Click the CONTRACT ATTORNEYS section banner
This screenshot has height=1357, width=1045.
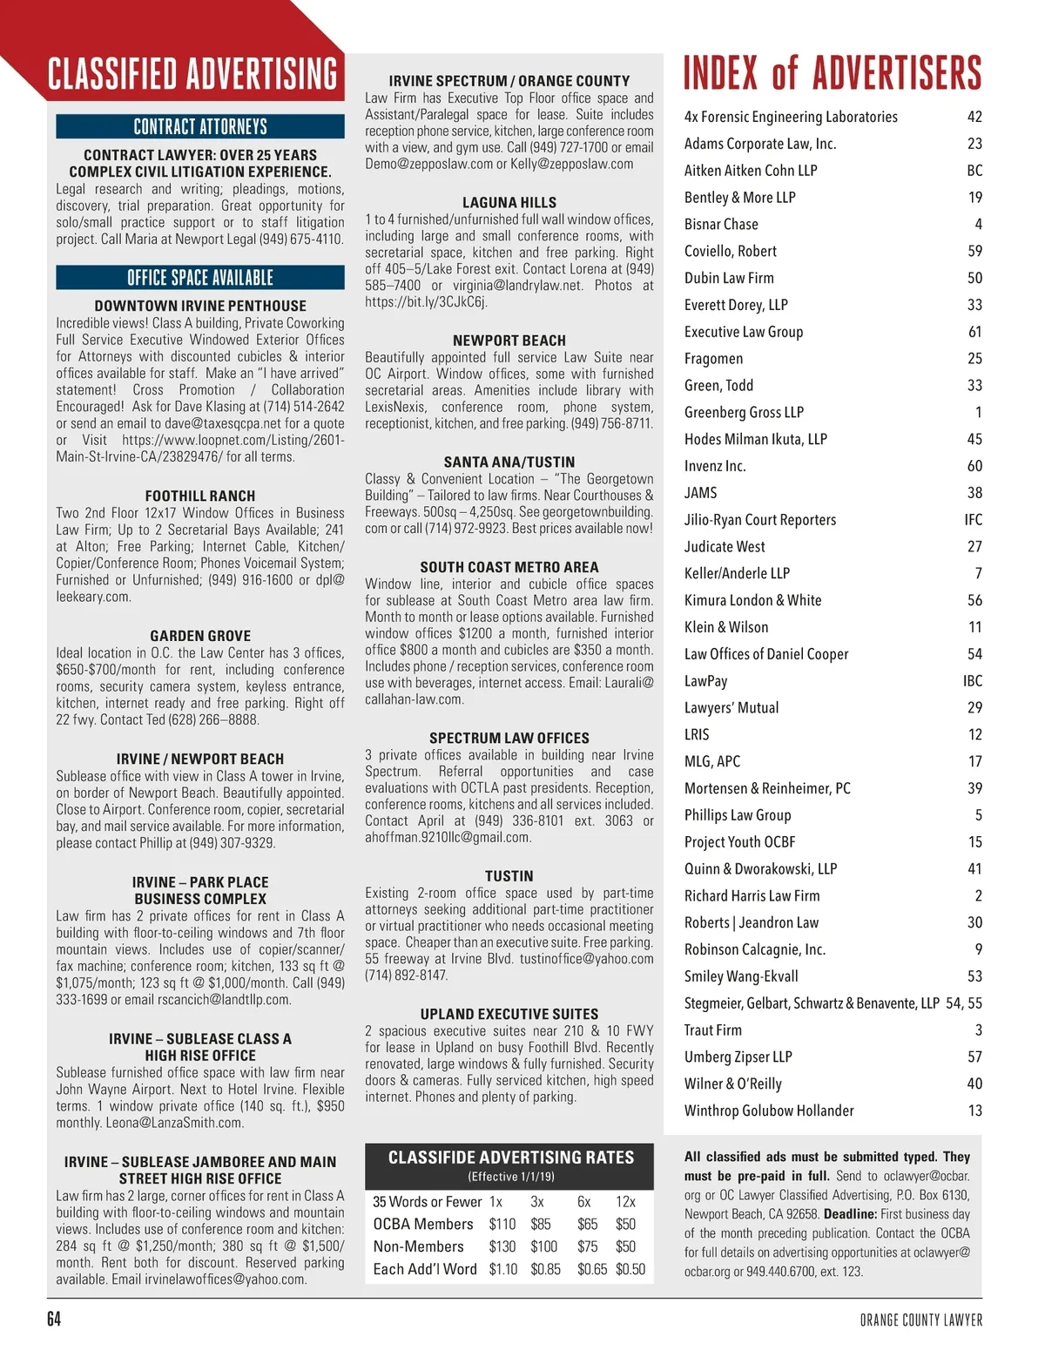click(200, 126)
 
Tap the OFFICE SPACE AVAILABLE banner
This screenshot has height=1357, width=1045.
click(200, 278)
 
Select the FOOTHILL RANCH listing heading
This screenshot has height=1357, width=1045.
click(200, 496)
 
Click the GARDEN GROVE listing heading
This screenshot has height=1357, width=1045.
click(200, 636)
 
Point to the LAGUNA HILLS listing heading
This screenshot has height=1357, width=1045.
click(509, 202)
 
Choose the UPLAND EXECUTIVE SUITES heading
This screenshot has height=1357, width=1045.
click(509, 1014)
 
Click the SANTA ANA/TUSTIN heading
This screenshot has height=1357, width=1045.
click(509, 462)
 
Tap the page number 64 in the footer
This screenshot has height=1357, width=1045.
click(54, 1320)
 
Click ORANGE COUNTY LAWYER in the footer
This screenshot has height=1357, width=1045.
click(920, 1320)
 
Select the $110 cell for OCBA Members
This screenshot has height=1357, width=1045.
click(502, 1224)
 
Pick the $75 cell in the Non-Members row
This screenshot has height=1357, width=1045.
click(588, 1246)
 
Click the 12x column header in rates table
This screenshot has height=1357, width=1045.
click(625, 1201)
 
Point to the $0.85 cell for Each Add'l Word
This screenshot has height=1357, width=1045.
click(546, 1269)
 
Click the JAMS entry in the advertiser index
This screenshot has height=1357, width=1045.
click(701, 493)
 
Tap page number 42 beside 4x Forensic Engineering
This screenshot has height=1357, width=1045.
click(974, 117)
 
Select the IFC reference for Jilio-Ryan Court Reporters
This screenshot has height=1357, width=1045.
click(973, 520)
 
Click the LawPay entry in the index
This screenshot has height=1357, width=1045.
click(705, 681)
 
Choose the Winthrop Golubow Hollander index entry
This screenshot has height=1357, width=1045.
click(769, 1111)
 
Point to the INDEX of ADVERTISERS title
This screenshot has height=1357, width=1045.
click(833, 73)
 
